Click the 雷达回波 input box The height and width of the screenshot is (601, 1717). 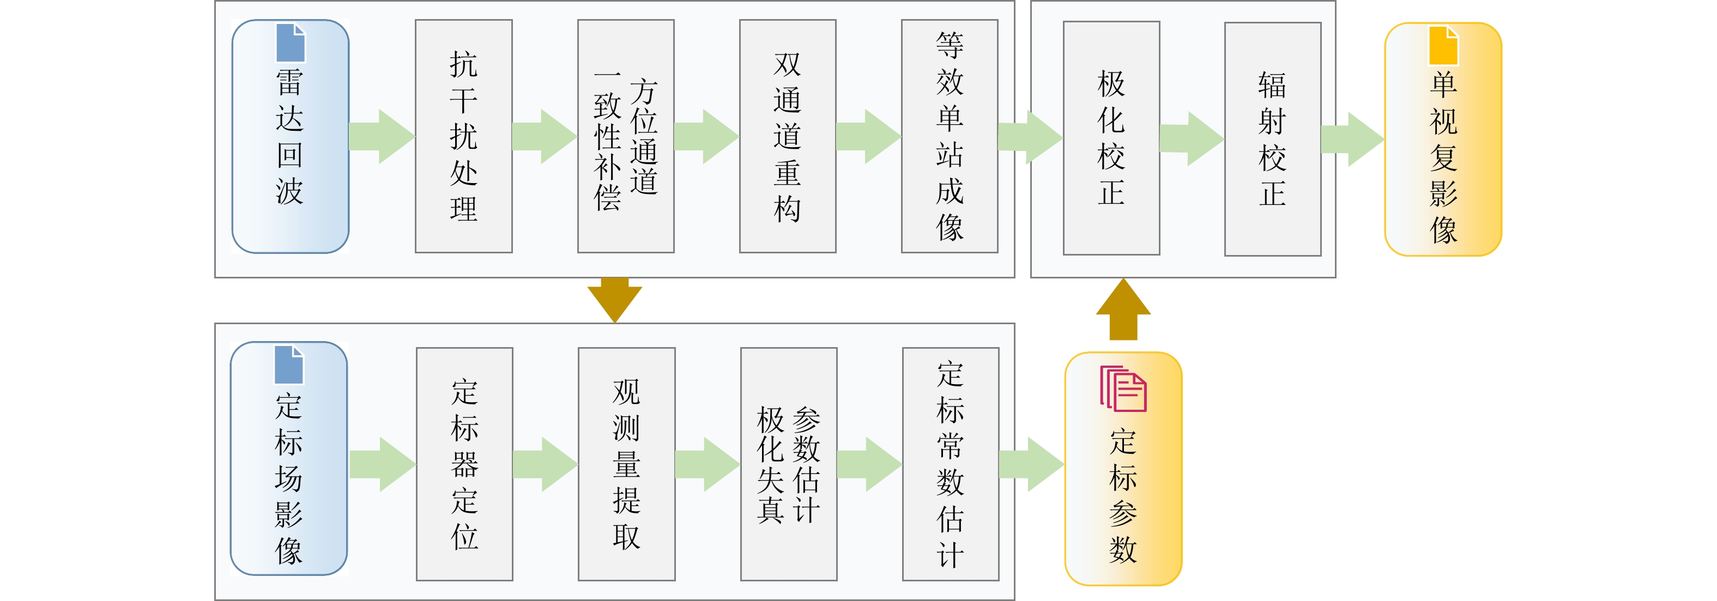(290, 137)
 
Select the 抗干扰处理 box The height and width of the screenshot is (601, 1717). (463, 137)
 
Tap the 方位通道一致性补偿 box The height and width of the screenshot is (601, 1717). (625, 137)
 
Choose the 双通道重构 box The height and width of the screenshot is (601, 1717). (787, 137)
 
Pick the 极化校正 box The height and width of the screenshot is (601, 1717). (1111, 138)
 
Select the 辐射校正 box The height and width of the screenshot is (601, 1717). (1272, 139)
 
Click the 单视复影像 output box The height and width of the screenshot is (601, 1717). (1443, 139)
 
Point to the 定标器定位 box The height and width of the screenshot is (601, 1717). (464, 464)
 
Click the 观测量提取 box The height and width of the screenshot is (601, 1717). (626, 464)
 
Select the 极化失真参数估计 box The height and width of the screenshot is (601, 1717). (789, 464)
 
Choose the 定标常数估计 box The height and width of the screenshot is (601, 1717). (951, 464)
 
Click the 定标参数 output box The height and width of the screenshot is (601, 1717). (1123, 469)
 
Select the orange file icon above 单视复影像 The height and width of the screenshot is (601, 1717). (1443, 45)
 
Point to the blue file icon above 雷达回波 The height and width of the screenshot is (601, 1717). (291, 43)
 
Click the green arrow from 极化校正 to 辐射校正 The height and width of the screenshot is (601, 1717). (1192, 138)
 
